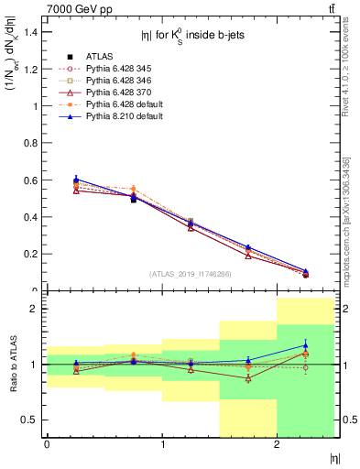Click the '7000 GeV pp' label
pos(75,8)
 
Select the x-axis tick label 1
pos(162,444)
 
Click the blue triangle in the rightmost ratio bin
pos(306,345)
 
